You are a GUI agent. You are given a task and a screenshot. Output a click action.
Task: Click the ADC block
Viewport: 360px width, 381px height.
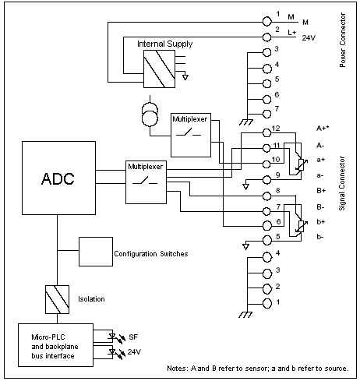tap(58, 178)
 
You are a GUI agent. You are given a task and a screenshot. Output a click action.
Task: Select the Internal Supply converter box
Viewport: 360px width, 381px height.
tap(159, 69)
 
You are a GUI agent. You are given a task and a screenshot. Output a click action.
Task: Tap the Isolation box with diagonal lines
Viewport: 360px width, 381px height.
tap(57, 299)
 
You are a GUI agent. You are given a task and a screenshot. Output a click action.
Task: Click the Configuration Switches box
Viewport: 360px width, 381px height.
tap(96, 252)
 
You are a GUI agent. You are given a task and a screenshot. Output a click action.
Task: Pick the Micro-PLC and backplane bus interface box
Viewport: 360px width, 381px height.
tap(55, 345)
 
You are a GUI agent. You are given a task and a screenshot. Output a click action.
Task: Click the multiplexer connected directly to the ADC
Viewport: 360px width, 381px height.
tap(146, 182)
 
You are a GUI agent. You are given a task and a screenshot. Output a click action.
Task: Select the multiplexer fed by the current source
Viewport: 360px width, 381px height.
tap(191, 135)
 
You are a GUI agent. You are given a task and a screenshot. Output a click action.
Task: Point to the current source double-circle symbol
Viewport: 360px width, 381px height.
tap(150, 115)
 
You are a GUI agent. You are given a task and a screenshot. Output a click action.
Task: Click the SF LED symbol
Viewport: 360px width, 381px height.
tap(112, 337)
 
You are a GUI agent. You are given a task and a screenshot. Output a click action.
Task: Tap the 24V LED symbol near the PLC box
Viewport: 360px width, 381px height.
tap(112, 352)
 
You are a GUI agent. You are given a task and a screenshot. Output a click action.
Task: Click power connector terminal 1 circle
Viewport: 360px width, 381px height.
tap(266, 22)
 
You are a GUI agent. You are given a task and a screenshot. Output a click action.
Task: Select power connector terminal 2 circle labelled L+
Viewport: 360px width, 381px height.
tap(266, 37)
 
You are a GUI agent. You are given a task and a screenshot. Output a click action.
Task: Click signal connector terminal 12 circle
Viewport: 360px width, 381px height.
tap(266, 133)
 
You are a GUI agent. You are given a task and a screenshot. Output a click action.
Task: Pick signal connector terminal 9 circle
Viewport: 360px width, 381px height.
tap(266, 179)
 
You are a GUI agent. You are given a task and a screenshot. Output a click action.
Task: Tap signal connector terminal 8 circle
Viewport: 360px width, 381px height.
tap(266, 196)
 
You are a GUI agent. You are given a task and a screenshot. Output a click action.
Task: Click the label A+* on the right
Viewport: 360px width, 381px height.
tap(323, 128)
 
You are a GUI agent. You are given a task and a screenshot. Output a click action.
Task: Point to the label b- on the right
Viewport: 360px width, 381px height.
tap(320, 237)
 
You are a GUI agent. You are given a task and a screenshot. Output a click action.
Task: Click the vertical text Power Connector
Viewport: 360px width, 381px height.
tap(343, 40)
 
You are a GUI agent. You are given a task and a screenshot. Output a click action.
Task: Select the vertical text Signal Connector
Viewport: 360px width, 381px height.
tap(342, 183)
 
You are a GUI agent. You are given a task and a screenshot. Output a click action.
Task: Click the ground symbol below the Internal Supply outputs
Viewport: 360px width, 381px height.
tap(185, 77)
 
